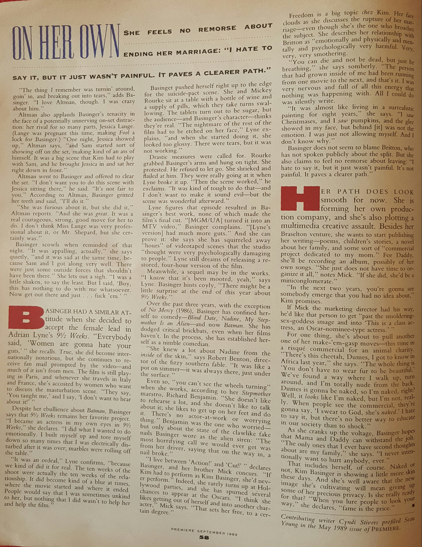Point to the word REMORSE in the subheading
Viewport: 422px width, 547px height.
(217, 29)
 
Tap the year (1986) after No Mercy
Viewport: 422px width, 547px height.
(183, 311)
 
